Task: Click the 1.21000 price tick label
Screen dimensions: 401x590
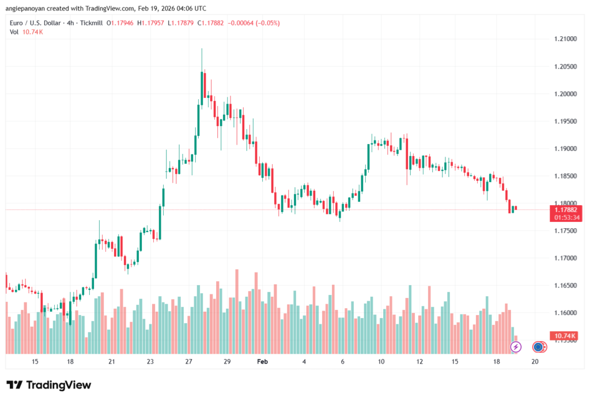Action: coord(562,39)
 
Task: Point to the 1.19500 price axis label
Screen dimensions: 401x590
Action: coord(562,121)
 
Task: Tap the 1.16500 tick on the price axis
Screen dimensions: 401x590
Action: coord(562,285)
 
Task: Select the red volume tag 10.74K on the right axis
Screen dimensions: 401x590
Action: coord(563,335)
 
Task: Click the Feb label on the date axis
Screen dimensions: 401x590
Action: coord(262,361)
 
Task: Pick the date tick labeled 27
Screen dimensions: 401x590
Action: coord(188,361)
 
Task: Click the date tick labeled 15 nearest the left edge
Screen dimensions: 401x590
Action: coord(35,361)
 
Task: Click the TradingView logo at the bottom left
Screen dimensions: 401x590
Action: coord(48,385)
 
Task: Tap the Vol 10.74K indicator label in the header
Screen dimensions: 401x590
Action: coord(27,32)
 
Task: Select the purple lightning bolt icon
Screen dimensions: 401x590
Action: coord(516,346)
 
